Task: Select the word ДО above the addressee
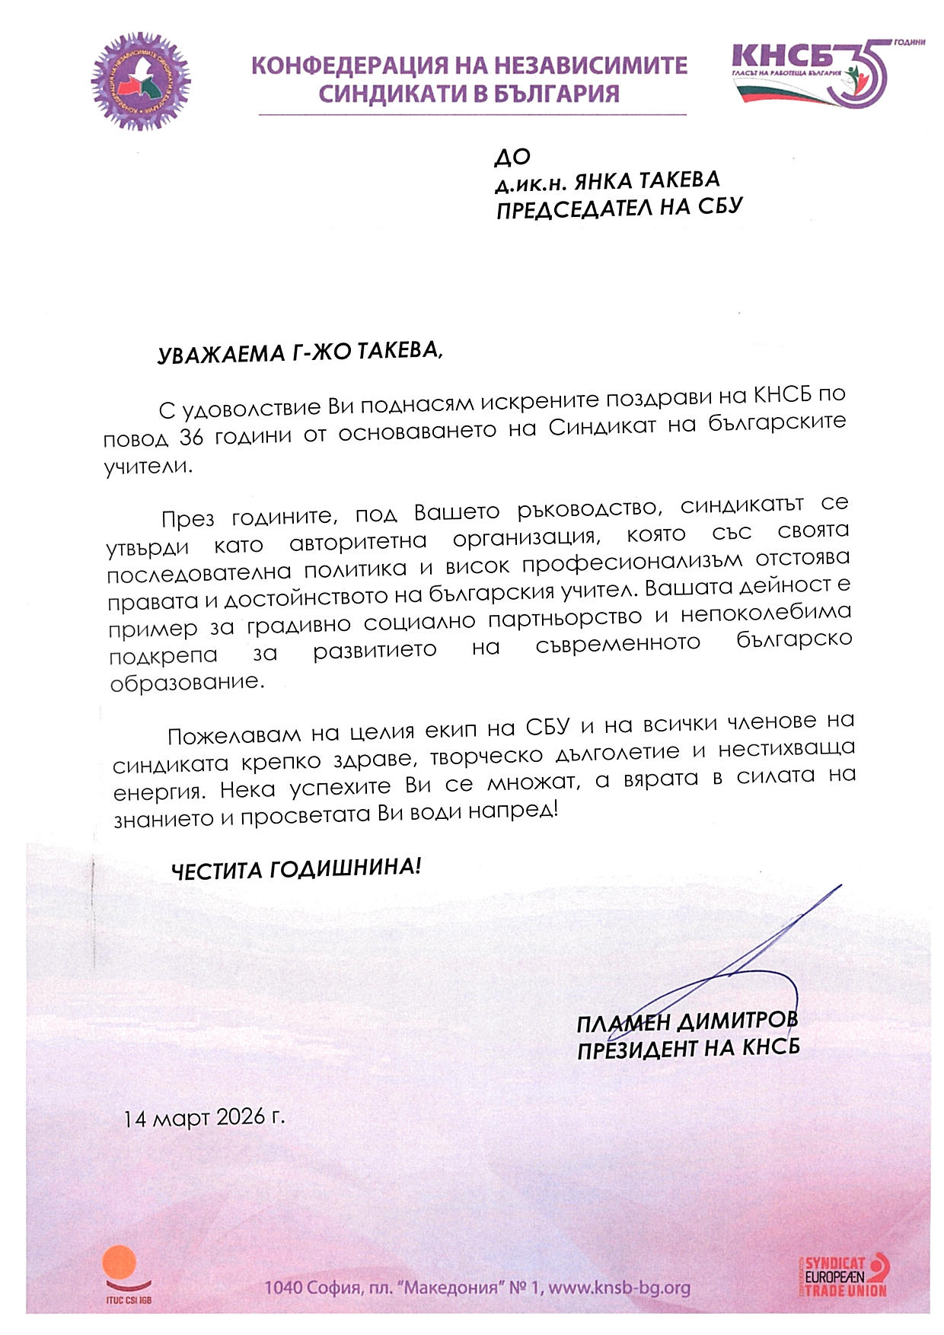coord(512,157)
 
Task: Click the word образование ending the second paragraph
coord(187,682)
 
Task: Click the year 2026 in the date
coord(241,1117)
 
